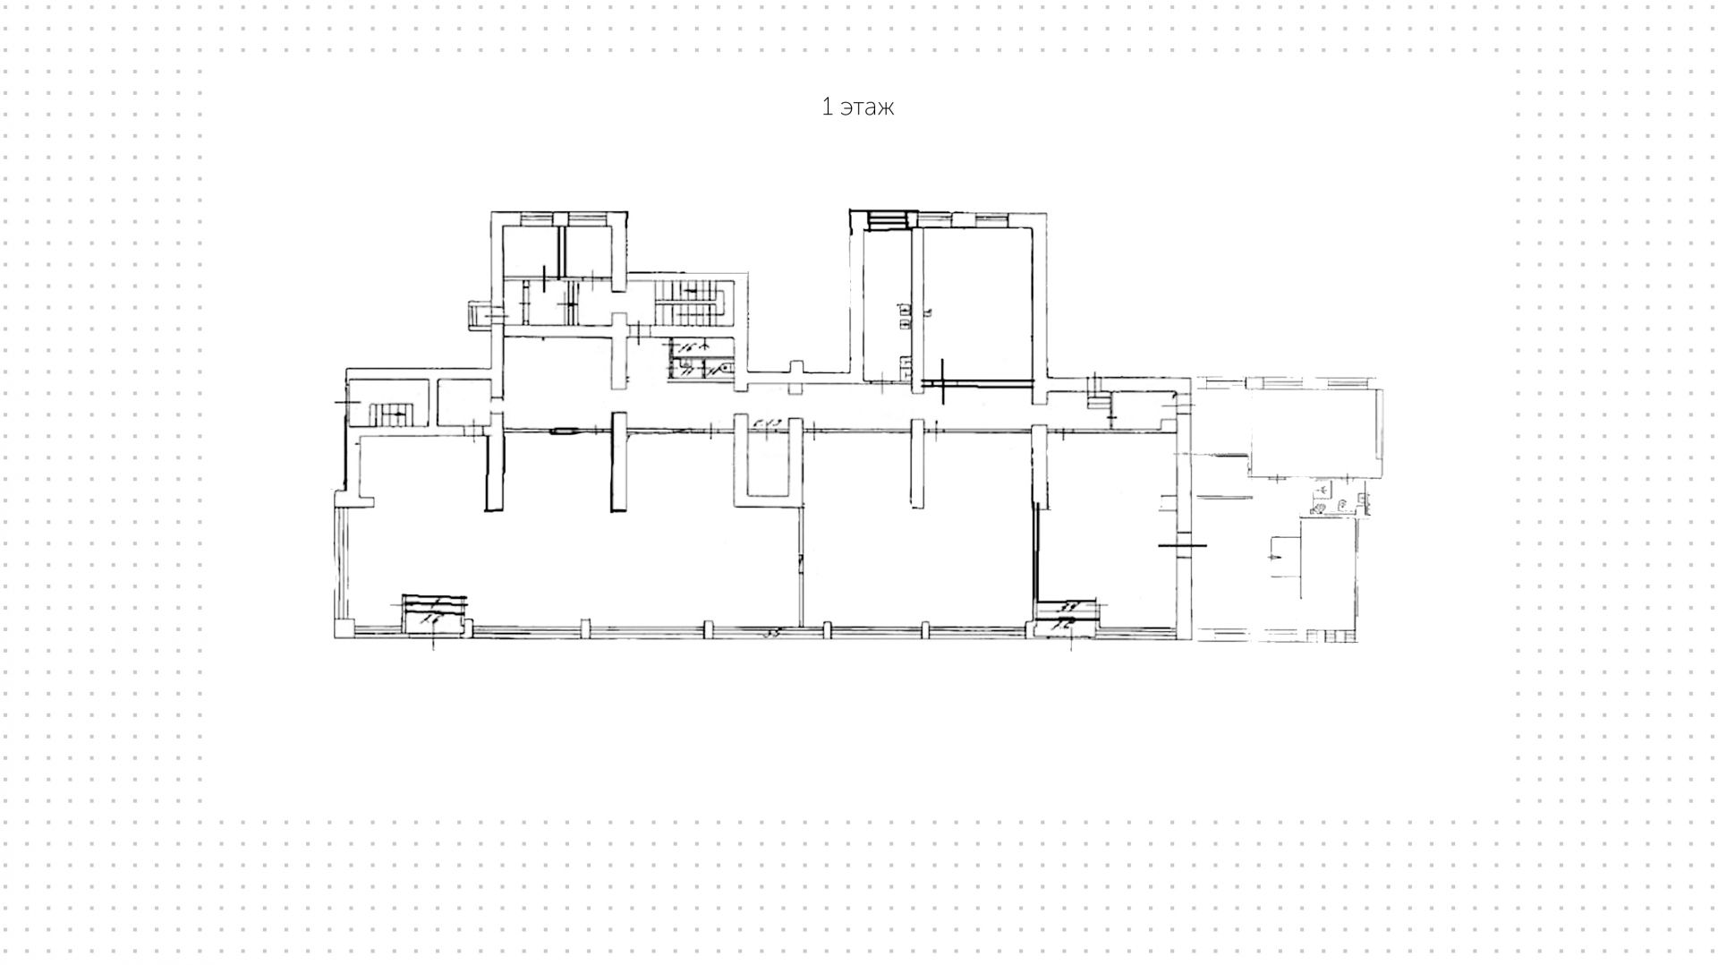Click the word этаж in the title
point(868,107)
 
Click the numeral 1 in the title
point(828,107)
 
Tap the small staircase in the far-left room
point(391,414)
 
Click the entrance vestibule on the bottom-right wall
point(1067,618)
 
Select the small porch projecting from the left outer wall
point(479,316)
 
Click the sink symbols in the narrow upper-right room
point(905,312)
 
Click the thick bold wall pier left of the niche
point(618,462)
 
